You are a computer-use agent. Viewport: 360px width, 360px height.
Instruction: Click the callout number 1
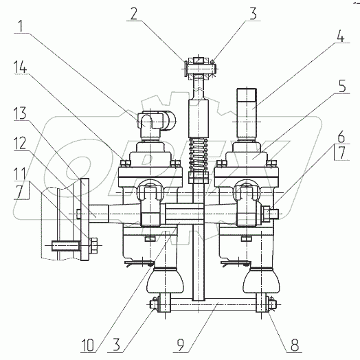pyautogui.click(x=21, y=26)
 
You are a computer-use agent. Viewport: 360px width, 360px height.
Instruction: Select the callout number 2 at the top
pyautogui.click(x=134, y=14)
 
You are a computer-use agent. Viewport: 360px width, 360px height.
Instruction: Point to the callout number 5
pyautogui.click(x=342, y=87)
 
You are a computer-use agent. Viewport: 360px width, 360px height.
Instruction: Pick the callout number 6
pyautogui.click(x=341, y=137)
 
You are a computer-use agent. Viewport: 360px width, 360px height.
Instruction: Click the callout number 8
pyautogui.click(x=295, y=345)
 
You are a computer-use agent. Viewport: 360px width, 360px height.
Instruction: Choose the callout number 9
pyautogui.click(x=181, y=345)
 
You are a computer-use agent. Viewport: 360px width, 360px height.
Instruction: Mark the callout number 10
pyautogui.click(x=87, y=345)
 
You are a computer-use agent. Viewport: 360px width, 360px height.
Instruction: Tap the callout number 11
pyautogui.click(x=20, y=174)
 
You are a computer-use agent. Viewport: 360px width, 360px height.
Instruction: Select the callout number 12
pyautogui.click(x=20, y=144)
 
